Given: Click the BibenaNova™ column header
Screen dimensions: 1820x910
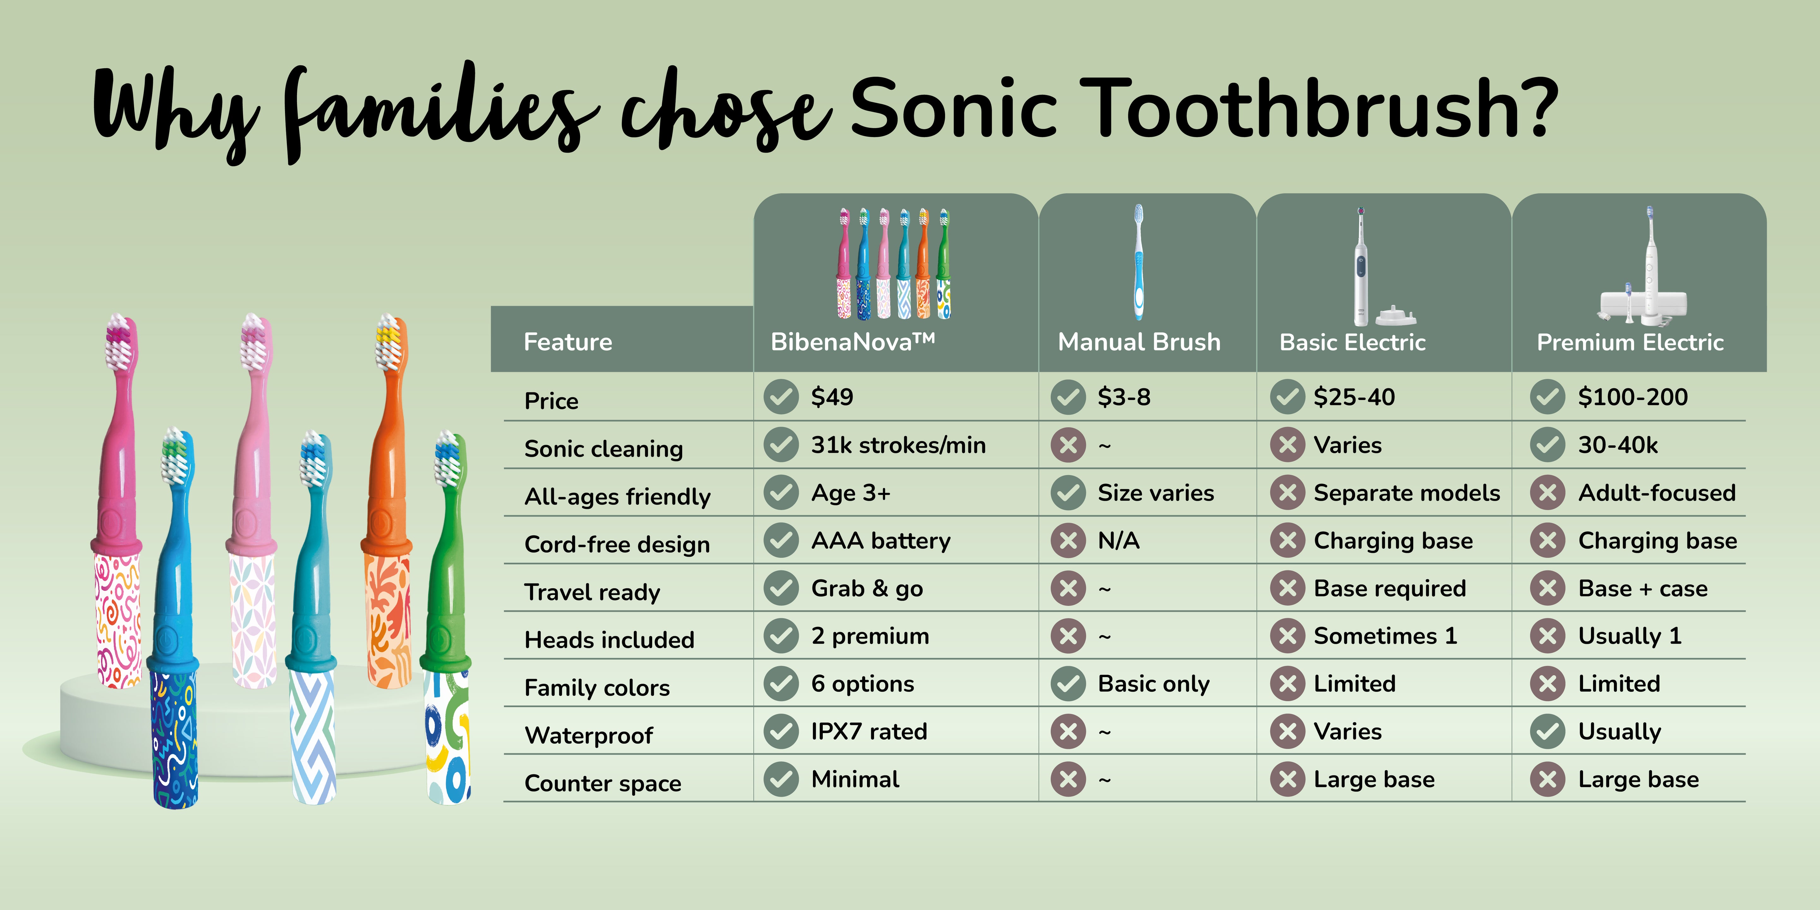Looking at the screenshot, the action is pyautogui.click(x=853, y=342).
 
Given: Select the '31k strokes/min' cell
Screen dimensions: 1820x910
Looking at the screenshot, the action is pyautogui.click(x=898, y=445).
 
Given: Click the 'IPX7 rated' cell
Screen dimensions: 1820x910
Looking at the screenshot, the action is pyautogui.click(x=869, y=731).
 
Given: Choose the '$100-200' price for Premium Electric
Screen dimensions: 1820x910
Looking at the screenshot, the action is pyautogui.click(x=1633, y=397).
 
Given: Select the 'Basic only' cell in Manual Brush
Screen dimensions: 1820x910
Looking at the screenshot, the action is pyautogui.click(x=1153, y=684).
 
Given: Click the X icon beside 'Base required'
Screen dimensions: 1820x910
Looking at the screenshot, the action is pyautogui.click(x=1287, y=588).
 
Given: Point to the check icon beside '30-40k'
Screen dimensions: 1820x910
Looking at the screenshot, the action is pyautogui.click(x=1547, y=445).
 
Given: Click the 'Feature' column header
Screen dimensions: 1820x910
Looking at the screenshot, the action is pyautogui.click(x=568, y=342).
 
